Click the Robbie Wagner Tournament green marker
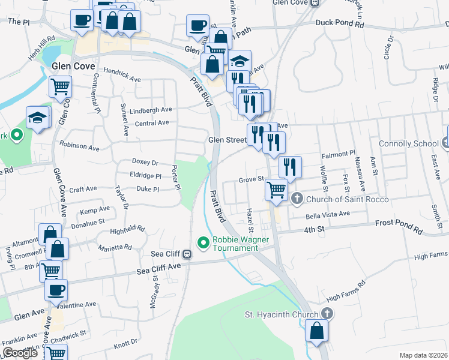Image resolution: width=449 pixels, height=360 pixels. (x=203, y=243)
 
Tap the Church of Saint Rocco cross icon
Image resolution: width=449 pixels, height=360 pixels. (x=297, y=199)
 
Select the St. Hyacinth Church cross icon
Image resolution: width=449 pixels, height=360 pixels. (x=327, y=313)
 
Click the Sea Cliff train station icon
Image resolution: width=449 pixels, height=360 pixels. (x=187, y=254)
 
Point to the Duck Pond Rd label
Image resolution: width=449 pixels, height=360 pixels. (x=340, y=25)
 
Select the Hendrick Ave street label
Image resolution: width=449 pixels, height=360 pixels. (x=121, y=79)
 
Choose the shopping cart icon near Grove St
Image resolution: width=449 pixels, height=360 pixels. (x=276, y=189)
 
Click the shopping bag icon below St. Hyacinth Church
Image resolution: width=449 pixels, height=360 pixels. (x=316, y=329)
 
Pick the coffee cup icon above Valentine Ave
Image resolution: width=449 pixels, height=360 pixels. (x=56, y=290)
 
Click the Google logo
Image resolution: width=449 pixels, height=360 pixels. (x=20, y=352)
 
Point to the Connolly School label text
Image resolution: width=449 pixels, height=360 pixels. (x=409, y=144)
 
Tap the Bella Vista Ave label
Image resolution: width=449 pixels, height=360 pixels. (x=328, y=214)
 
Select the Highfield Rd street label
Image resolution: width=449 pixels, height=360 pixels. (x=127, y=229)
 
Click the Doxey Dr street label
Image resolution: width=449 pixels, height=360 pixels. (x=145, y=162)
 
